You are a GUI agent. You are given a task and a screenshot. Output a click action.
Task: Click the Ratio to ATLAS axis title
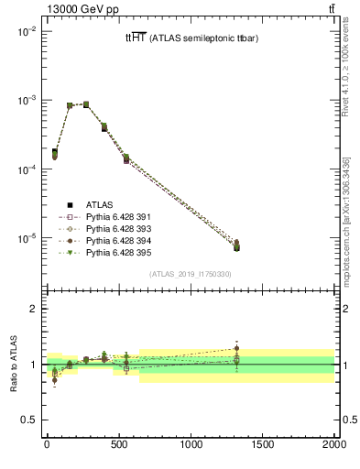[x=12, y=365]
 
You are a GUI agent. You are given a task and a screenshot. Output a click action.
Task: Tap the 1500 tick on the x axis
[x=262, y=445]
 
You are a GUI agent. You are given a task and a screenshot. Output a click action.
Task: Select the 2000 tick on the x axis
[x=334, y=445]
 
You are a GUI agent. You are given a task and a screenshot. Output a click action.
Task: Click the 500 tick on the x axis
[x=118, y=445]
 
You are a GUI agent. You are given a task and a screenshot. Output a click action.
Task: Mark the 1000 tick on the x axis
[x=191, y=445]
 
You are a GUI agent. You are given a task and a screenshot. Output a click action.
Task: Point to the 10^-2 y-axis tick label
[x=25, y=31]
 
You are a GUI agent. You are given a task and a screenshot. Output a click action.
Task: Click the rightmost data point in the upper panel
[x=236, y=245]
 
